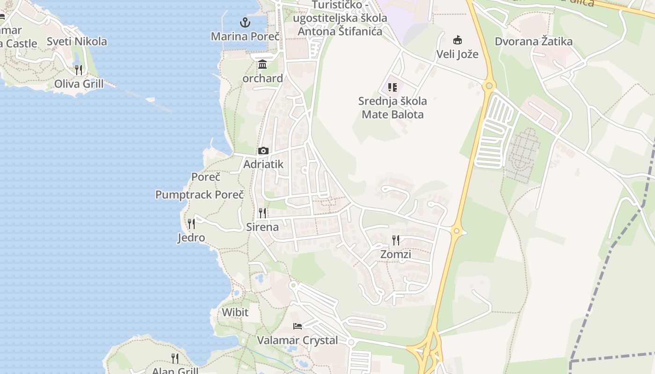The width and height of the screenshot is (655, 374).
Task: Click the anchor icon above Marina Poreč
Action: pos(245,22)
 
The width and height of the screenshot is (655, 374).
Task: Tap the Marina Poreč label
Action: pos(245,36)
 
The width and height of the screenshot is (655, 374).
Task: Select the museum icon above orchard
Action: pos(262,65)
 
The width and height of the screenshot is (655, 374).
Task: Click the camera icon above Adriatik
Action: pos(263,151)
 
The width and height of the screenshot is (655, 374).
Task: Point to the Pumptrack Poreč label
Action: pos(200,194)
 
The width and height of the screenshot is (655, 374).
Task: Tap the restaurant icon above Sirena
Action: pos(262,213)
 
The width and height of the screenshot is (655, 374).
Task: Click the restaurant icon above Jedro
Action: pos(191,224)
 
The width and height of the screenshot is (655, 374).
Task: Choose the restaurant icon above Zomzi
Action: pos(396,240)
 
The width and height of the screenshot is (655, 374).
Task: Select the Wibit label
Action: pos(235,312)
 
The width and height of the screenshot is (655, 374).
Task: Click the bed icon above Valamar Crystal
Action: pos(298,326)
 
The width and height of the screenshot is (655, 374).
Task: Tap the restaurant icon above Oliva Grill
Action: pos(79,70)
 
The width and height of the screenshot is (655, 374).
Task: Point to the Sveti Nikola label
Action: pos(77,41)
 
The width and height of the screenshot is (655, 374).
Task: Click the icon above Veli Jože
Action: pos(457,40)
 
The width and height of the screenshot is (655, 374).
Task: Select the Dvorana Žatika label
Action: pos(533,41)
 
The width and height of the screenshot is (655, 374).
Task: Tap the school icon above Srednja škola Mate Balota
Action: pos(393,87)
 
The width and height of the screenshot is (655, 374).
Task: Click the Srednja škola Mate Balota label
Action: pos(393,108)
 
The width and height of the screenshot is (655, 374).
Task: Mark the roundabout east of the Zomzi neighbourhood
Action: pos(457,230)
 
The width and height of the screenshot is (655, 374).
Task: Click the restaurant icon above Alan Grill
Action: pos(175,359)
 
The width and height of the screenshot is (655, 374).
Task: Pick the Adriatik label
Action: pos(263,165)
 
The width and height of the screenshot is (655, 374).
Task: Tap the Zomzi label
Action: pos(396,254)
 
